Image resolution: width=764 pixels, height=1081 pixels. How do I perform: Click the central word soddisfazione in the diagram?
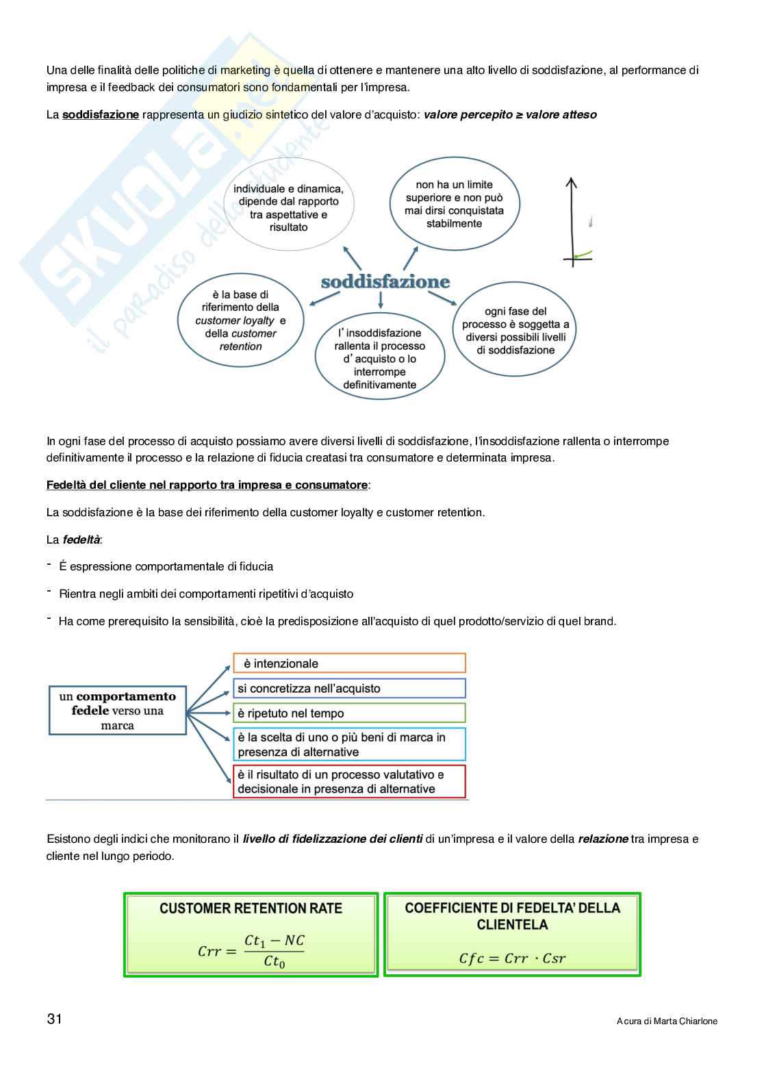(x=385, y=282)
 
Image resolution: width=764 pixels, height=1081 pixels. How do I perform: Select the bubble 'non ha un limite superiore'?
(x=454, y=204)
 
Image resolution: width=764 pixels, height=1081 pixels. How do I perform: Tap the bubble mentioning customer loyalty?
(x=240, y=320)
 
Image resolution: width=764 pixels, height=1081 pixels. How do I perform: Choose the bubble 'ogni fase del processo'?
(x=515, y=331)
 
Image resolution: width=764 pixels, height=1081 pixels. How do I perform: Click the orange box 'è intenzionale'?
(x=349, y=663)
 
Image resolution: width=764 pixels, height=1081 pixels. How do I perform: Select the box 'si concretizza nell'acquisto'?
(x=349, y=688)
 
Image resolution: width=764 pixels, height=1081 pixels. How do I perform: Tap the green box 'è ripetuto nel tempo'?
(x=349, y=713)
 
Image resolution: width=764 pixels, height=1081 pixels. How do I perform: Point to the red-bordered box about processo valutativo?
(x=349, y=782)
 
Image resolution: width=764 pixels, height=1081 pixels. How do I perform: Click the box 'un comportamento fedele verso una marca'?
(x=118, y=711)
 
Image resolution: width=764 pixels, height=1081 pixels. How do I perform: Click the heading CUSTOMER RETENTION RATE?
(x=251, y=908)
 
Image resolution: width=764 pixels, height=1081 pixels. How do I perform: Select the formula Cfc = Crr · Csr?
(x=512, y=958)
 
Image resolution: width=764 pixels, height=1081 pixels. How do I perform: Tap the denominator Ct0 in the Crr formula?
(x=275, y=962)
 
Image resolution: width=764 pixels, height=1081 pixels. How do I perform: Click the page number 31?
(x=55, y=1019)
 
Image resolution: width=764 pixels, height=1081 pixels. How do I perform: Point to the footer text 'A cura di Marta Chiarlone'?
(x=667, y=1021)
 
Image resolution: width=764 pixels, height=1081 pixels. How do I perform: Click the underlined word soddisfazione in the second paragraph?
(x=101, y=115)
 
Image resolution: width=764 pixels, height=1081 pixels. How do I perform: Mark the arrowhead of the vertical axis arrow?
(x=572, y=181)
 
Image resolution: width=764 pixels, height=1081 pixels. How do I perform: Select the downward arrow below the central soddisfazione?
(x=381, y=301)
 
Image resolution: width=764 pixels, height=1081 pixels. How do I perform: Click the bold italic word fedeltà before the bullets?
(x=81, y=539)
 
